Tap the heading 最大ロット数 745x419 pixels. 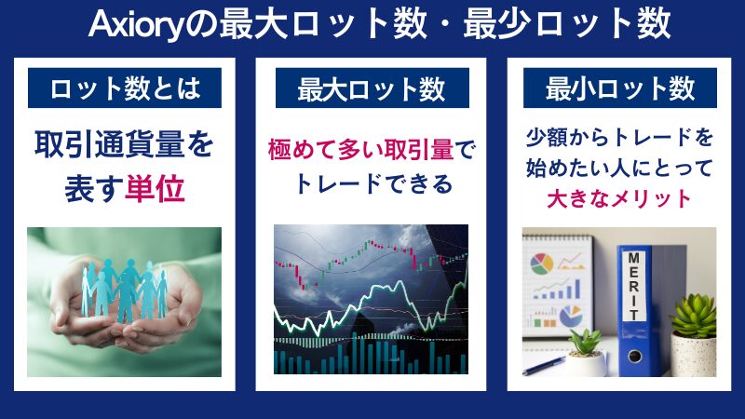pos(372,90)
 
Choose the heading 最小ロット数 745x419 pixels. pos(619,89)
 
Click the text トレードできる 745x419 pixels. pos(372,183)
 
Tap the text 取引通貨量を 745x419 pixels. pos(123,145)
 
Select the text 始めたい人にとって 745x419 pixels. pos(619,169)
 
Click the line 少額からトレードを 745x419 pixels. pos(619,139)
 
